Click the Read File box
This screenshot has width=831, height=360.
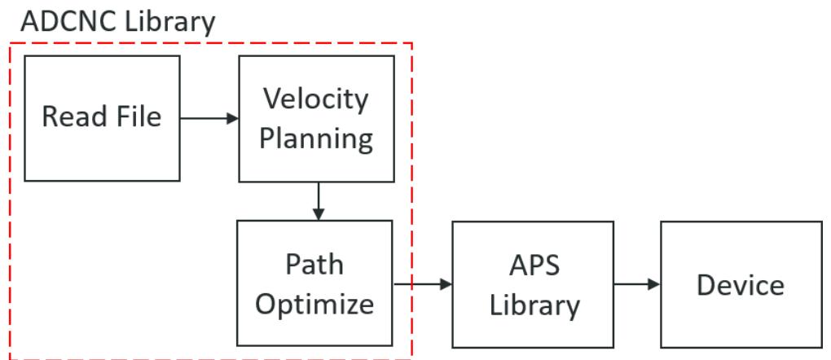click(103, 118)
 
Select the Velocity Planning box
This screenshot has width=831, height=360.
click(316, 119)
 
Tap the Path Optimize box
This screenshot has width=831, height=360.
click(314, 283)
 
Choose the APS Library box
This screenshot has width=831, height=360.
click(533, 285)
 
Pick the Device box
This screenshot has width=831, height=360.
click(741, 285)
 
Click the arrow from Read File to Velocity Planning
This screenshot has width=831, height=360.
click(209, 118)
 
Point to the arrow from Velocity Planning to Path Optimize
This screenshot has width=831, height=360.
click(318, 201)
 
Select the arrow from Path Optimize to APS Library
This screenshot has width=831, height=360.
click(423, 284)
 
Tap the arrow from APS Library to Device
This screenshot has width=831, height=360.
click(637, 284)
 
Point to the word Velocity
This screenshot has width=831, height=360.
click(316, 99)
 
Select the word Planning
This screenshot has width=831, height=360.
click(316, 139)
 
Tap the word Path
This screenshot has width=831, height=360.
click(314, 264)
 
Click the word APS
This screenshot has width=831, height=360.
click(534, 265)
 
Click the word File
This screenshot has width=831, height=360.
click(137, 116)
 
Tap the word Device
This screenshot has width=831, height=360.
click(741, 285)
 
